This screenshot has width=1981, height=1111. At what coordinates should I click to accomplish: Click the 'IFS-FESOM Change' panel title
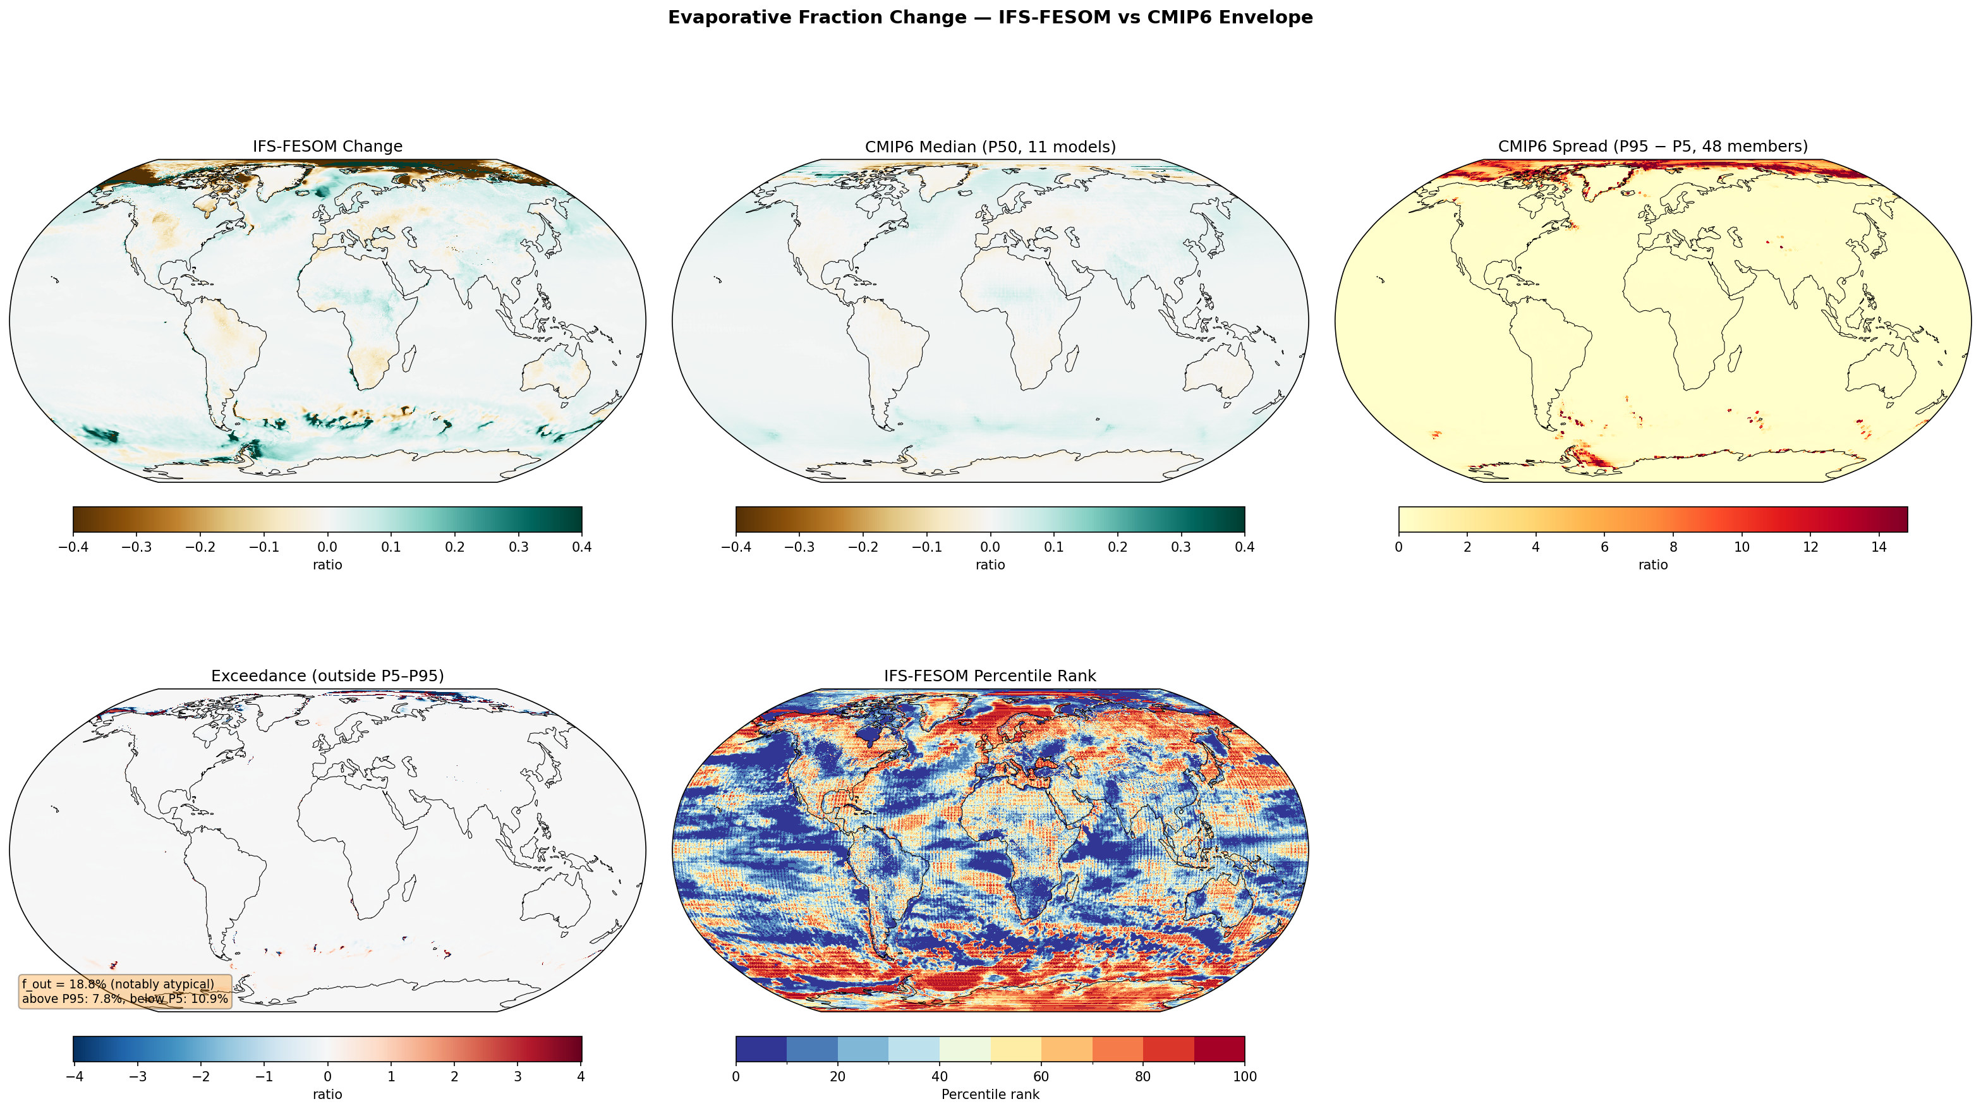pyautogui.click(x=327, y=146)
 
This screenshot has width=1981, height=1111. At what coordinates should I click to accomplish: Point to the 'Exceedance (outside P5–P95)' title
pyautogui.click(x=327, y=676)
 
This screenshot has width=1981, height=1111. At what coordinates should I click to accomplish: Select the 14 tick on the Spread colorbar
pyautogui.click(x=1879, y=547)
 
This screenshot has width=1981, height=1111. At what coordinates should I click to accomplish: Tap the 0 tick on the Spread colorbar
pyautogui.click(x=1399, y=547)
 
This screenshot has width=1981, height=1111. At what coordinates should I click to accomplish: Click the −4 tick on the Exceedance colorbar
pyautogui.click(x=74, y=1076)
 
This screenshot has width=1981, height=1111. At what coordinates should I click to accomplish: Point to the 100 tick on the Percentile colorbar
pyautogui.click(x=1244, y=1076)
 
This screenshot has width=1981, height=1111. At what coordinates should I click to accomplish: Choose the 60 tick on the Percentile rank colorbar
pyautogui.click(x=1041, y=1076)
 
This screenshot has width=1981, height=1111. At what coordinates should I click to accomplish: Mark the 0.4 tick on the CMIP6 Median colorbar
pyautogui.click(x=1244, y=547)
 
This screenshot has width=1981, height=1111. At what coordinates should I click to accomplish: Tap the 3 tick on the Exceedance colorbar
pyautogui.click(x=518, y=1076)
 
